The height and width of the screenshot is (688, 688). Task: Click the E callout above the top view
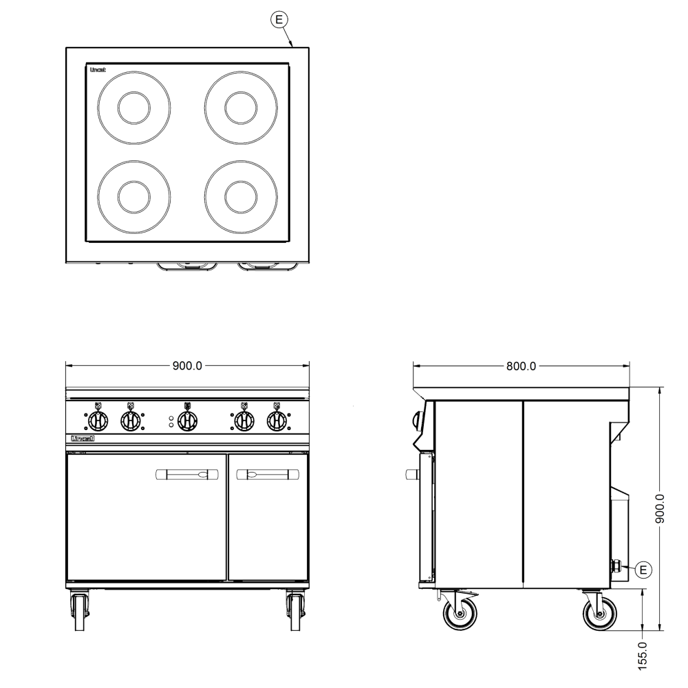click(x=279, y=20)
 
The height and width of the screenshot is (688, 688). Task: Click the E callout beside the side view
click(x=643, y=570)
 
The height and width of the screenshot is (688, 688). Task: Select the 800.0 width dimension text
click(x=522, y=366)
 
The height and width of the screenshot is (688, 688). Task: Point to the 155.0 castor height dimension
click(x=642, y=656)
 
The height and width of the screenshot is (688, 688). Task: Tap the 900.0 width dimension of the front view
click(x=187, y=365)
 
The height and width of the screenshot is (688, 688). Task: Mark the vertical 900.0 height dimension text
click(x=660, y=508)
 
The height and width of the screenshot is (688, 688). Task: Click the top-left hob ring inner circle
click(x=134, y=107)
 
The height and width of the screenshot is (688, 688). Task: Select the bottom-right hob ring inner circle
click(x=241, y=197)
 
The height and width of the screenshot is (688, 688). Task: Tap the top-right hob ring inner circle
click(x=241, y=107)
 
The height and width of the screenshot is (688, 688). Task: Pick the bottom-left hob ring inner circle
click(x=134, y=197)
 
